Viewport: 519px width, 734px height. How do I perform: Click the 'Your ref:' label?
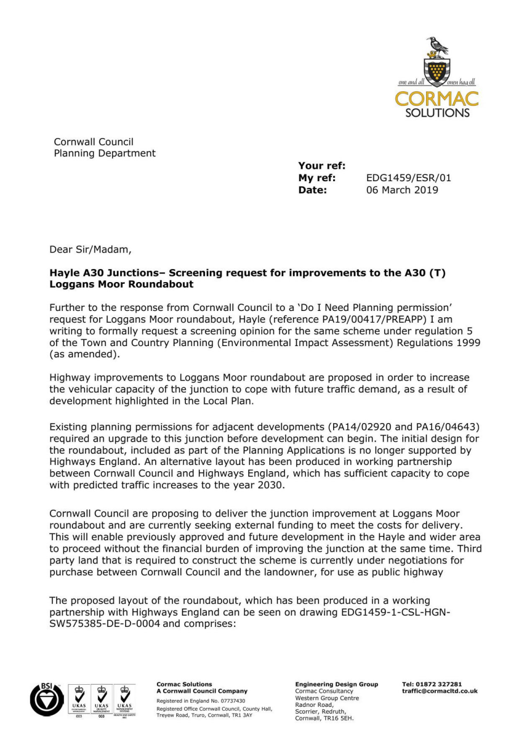[x=322, y=166]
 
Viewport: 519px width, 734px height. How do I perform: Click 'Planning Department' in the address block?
[x=104, y=153]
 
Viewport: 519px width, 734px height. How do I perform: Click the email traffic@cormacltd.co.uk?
[x=439, y=691]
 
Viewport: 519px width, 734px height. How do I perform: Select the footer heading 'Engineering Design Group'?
[x=337, y=684]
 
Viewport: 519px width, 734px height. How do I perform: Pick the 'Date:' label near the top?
[x=313, y=190]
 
